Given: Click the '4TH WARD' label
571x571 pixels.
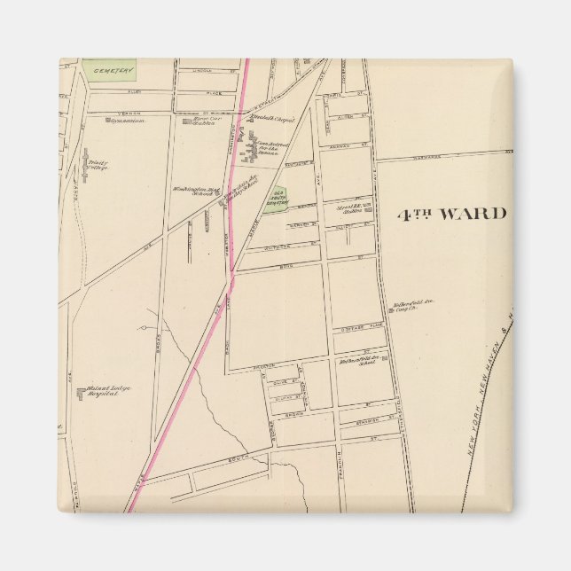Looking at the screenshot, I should tap(450, 214).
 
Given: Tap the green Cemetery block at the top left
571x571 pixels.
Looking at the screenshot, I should tap(110, 69).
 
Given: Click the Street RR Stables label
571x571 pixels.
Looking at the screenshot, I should tap(351, 209).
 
